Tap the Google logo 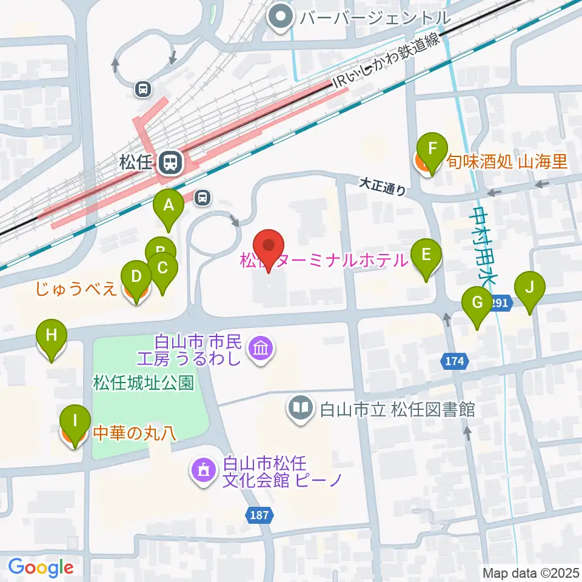(41, 567)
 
